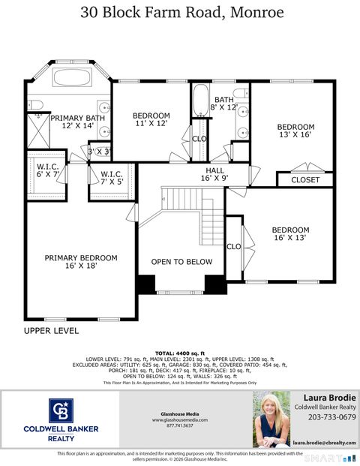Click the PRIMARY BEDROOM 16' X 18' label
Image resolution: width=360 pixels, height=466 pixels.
tap(81, 263)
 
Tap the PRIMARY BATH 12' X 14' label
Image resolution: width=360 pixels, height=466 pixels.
tap(71, 122)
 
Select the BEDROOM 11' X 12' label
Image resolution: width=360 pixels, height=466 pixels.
tap(151, 120)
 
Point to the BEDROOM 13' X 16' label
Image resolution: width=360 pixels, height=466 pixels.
tap(295, 131)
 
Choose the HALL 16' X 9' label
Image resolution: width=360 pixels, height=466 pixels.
tap(215, 175)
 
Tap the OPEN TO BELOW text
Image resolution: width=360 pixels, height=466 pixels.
tap(181, 262)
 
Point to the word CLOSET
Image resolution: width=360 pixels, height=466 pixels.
tap(304, 180)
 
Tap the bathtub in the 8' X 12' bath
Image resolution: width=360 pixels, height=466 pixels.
tap(200, 101)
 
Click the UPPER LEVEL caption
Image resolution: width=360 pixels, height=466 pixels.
tap(51, 330)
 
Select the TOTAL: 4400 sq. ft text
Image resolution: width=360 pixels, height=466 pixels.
tap(179, 353)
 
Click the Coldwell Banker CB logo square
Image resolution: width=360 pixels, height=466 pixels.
tap(61, 412)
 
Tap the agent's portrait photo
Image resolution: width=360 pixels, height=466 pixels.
tap(271, 419)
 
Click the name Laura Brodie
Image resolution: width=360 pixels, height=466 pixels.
tap(329, 398)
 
